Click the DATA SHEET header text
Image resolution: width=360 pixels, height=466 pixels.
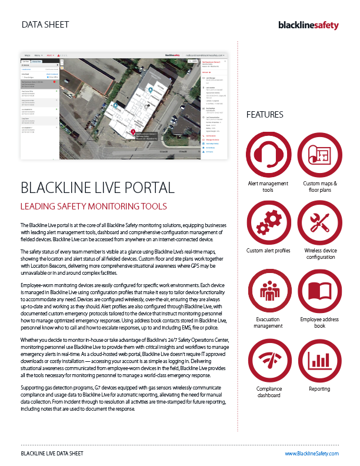point(45,25)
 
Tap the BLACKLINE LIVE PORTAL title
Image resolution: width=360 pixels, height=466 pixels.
point(97,188)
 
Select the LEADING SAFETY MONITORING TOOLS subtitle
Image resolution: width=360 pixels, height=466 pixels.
point(94,206)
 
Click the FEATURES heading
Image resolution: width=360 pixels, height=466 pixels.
point(265,115)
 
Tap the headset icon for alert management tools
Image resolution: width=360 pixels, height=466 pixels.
point(268,155)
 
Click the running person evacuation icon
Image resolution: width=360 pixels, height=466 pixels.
point(268,290)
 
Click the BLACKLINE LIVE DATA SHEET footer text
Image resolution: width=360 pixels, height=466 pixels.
point(52,454)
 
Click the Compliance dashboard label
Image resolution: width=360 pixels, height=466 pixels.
point(268,392)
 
